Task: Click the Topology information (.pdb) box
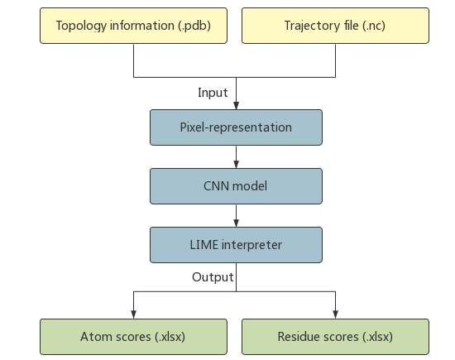(133, 25)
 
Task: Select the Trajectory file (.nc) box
(335, 25)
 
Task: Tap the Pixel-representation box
(235, 128)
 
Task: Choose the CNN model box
(235, 186)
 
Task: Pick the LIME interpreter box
(235, 244)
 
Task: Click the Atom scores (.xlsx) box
(133, 337)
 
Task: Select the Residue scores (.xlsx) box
(335, 337)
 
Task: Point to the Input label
(213, 93)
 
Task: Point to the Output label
(213, 277)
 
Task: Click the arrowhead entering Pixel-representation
(236, 107)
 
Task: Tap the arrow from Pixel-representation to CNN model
(236, 157)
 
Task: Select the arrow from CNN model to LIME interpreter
(236, 215)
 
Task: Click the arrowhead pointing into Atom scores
(134, 315)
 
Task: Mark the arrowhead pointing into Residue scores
(335, 315)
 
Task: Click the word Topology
(82, 25)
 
